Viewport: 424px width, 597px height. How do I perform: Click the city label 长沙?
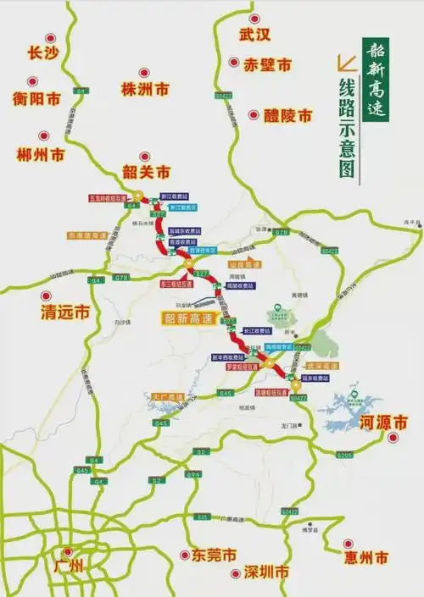click(42, 53)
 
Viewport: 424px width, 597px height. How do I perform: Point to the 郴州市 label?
click(42, 155)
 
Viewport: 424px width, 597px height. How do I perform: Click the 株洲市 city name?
click(145, 89)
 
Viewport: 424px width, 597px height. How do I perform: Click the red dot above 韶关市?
click(145, 157)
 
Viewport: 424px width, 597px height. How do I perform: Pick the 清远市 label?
click(65, 312)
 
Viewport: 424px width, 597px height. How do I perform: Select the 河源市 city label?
click(382, 421)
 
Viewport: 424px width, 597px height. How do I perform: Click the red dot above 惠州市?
click(348, 544)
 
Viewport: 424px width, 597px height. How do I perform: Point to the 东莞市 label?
click(209, 556)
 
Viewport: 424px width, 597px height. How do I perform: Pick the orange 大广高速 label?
click(166, 395)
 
